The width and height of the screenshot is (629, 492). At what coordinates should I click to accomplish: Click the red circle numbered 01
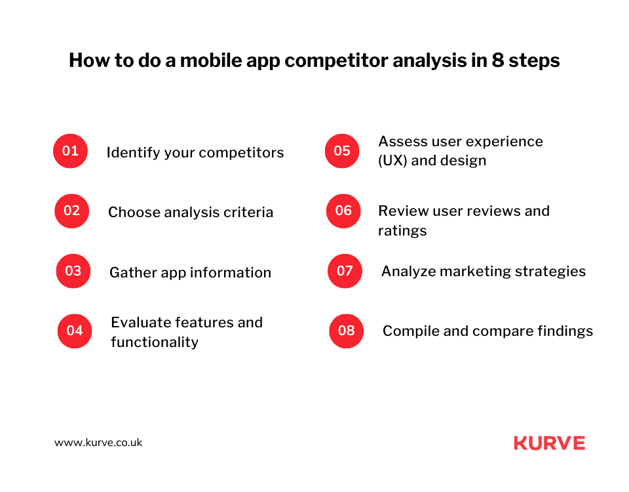click(x=70, y=151)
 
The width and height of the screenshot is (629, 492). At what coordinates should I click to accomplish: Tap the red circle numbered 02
click(x=72, y=211)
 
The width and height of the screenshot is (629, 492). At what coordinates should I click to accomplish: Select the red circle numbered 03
click(x=73, y=271)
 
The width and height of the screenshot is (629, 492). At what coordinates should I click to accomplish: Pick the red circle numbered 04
click(x=75, y=331)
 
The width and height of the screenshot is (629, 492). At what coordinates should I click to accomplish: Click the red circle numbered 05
click(x=342, y=151)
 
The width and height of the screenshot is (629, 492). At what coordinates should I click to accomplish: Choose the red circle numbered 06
click(x=343, y=211)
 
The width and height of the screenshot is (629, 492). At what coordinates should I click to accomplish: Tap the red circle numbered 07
click(x=345, y=271)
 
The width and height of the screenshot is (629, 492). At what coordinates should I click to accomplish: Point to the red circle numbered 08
click(x=346, y=331)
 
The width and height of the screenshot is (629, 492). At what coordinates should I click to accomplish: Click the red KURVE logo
click(x=550, y=443)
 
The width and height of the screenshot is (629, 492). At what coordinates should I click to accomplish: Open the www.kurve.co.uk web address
click(x=98, y=443)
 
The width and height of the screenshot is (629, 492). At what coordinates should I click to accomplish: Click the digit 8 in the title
click(x=498, y=60)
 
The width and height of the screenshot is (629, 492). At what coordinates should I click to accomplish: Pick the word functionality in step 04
click(x=155, y=342)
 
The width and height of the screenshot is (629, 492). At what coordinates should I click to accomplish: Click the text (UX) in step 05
click(x=392, y=161)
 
